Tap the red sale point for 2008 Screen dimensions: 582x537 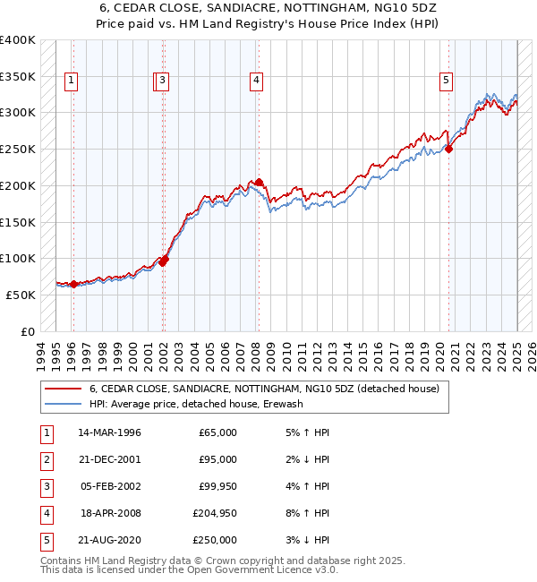pos(259,182)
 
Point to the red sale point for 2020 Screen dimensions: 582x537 pos(449,149)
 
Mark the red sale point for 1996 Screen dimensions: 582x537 pos(73,284)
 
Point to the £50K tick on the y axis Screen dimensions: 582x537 pos(21,295)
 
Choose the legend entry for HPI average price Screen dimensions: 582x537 pos(196,404)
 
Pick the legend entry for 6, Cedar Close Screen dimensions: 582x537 pos(264,389)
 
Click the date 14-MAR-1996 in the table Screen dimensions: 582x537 pos(109,432)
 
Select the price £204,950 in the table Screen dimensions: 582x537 pos(215,513)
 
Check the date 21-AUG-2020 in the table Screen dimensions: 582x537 pos(109,540)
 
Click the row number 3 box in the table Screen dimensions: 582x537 pos(46,486)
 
